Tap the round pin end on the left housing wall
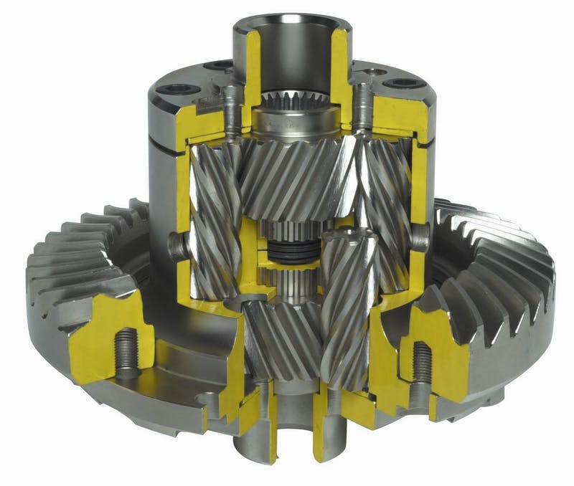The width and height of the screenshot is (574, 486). tap(177, 244)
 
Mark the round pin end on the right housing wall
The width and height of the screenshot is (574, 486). tap(420, 234)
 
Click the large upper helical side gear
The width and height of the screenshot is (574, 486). tap(294, 176)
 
